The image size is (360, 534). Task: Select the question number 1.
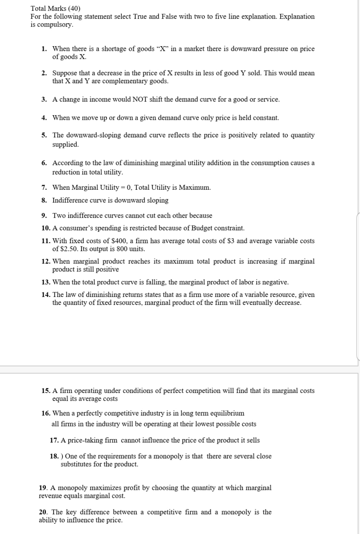44,49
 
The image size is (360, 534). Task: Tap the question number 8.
44,200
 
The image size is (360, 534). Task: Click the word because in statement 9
199,216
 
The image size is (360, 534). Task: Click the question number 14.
46,295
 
